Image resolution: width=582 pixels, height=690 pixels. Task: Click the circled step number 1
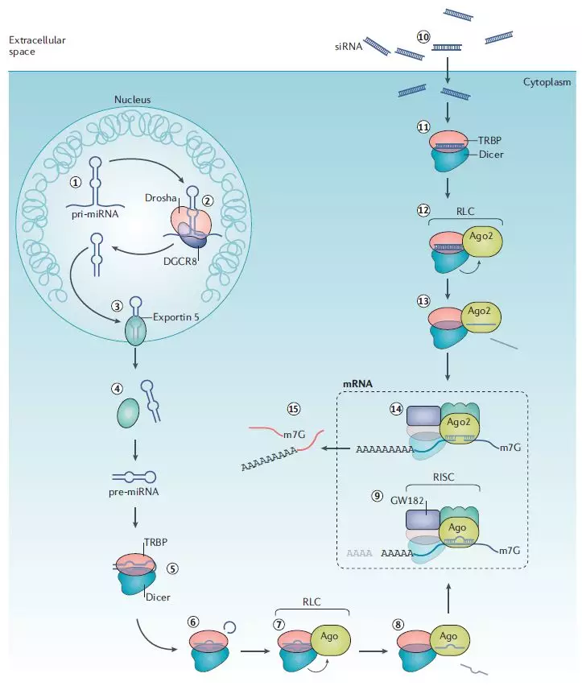[76, 182]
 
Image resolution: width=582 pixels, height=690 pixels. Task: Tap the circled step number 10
[424, 36]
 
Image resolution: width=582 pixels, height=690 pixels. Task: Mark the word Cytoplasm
[546, 82]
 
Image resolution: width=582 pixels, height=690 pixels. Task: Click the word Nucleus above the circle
[133, 100]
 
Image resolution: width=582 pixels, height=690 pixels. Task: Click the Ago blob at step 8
[449, 635]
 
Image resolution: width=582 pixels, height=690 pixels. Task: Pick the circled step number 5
[172, 568]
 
